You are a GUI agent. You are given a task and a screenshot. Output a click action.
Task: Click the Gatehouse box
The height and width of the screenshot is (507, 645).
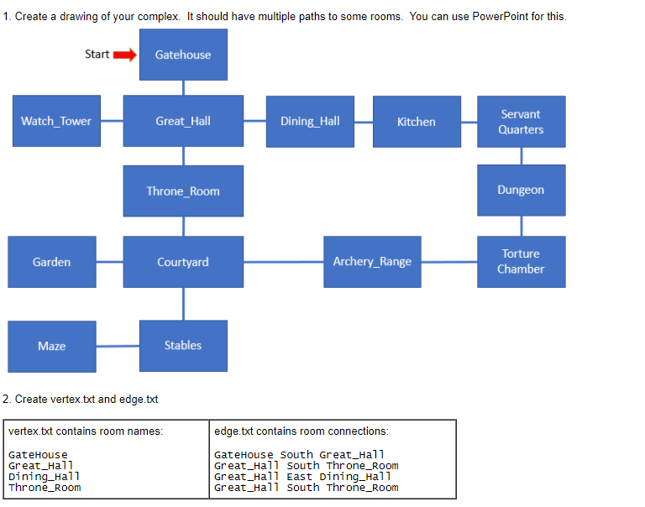183,55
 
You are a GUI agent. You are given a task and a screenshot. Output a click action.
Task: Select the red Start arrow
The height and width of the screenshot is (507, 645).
124,55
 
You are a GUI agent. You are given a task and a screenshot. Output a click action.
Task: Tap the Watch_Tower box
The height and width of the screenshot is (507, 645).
56,121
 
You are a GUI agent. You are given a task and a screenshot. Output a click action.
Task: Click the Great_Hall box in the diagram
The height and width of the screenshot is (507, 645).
183,121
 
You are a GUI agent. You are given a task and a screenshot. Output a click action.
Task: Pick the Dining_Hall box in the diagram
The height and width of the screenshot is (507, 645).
310,121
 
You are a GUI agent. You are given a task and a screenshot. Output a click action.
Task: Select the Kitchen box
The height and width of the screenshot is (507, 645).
417,122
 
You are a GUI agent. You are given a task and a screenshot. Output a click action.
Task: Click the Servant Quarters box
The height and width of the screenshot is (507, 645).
521,122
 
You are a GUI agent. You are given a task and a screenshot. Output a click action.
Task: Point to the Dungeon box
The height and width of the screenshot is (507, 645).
521,190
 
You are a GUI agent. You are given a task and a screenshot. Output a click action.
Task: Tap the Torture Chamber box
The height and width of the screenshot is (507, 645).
521,261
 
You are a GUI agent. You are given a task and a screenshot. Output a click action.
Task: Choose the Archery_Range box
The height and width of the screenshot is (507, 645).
372,261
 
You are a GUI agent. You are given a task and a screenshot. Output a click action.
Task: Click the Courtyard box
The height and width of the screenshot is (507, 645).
183,262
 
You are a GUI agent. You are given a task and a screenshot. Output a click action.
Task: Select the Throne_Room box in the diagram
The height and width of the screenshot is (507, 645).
183,191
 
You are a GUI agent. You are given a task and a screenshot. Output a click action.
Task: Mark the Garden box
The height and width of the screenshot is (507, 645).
52,262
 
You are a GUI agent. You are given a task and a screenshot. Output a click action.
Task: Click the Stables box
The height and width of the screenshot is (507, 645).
183,345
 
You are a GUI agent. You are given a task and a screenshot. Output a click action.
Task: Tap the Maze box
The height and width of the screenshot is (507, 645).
52,346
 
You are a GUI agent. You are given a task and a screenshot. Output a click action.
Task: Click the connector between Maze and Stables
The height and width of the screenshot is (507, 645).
118,346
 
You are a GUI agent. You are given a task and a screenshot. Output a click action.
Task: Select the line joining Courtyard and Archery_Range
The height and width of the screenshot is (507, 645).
283,262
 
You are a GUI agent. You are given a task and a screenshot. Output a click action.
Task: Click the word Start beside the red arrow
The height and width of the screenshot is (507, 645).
97,55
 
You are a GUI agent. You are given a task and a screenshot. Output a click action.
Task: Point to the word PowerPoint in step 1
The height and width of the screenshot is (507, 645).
512,17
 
